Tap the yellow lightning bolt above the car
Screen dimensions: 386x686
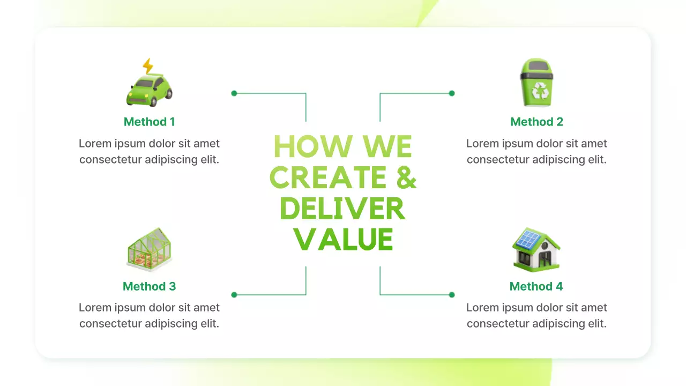pyautogui.click(x=148, y=66)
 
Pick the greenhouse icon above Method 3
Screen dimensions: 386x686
pyautogui.click(x=150, y=249)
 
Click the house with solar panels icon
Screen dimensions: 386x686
pyautogui.click(x=536, y=249)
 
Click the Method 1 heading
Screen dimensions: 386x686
pyautogui.click(x=150, y=122)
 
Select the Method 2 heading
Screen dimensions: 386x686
pyautogui.click(x=536, y=122)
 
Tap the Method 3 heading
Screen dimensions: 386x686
pyautogui.click(x=150, y=286)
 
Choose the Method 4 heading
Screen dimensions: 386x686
pyautogui.click(x=536, y=286)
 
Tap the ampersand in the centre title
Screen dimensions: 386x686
pyautogui.click(x=406, y=177)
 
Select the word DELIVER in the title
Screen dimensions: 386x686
pyautogui.click(x=342, y=209)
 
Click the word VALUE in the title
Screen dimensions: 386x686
pyautogui.click(x=344, y=240)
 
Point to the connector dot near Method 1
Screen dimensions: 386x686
pyautogui.click(x=234, y=93)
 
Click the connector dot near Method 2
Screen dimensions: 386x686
pyautogui.click(x=452, y=93)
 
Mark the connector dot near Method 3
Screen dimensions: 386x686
pyautogui.click(x=234, y=295)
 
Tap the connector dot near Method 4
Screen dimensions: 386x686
pyautogui.click(x=452, y=295)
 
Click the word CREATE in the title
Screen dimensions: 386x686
pyautogui.click(x=328, y=177)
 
